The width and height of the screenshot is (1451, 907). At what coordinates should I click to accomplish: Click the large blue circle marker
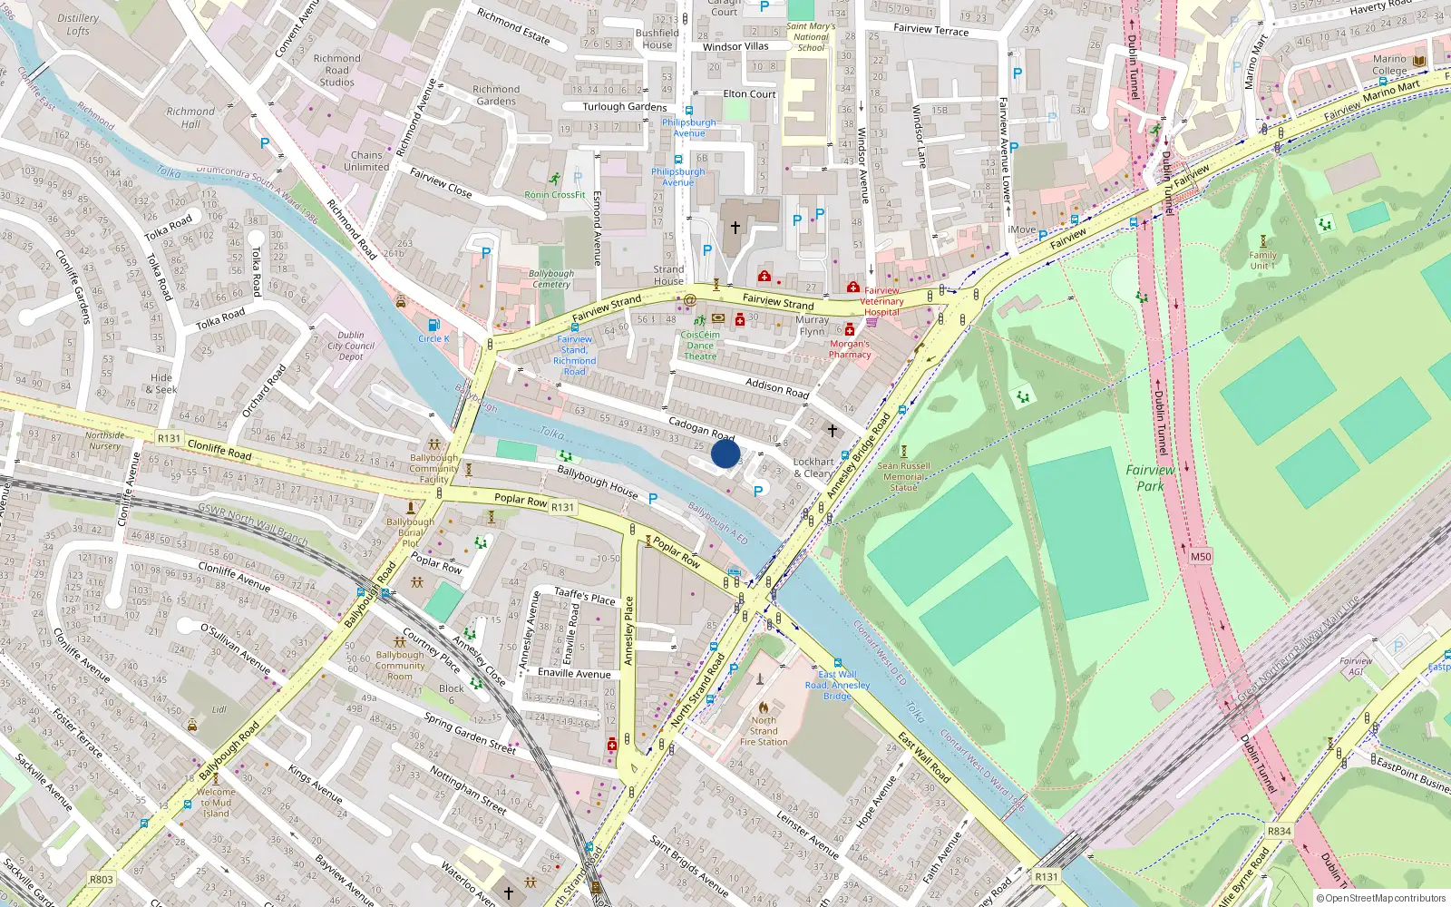[x=725, y=453]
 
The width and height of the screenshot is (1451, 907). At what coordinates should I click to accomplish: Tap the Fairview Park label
[x=1150, y=478]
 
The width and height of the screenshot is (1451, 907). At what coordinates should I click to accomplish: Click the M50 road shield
[x=1200, y=557]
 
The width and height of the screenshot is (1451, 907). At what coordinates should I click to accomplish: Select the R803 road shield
[x=102, y=879]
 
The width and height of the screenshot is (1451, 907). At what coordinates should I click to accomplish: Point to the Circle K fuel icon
[x=433, y=326]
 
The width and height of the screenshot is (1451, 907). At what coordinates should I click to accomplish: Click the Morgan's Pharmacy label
[x=850, y=349]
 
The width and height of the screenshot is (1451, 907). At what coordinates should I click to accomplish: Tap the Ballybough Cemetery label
[x=551, y=278]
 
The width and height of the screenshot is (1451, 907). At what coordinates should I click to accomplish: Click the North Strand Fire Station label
[x=764, y=731]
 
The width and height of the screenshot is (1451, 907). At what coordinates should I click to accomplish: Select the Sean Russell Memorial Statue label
[x=903, y=476]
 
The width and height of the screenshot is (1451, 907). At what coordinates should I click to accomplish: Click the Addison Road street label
[x=777, y=388]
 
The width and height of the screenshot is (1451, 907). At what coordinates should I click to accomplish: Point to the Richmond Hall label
[x=190, y=117]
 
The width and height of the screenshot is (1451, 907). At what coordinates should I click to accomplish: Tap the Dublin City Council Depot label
[x=351, y=346]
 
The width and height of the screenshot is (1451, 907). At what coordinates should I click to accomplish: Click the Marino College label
[x=1389, y=64]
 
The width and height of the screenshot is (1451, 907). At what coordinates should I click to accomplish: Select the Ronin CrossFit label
[x=555, y=194]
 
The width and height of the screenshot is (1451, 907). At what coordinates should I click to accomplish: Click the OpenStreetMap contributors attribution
[x=1381, y=898]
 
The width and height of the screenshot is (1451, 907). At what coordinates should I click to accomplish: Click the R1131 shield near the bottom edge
[x=1046, y=877]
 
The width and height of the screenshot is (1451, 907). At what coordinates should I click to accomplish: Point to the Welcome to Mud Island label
[x=216, y=803]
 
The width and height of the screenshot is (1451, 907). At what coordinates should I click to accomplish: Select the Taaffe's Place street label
[x=585, y=596]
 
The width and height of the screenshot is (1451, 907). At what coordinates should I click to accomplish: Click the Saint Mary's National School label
[x=811, y=37]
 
